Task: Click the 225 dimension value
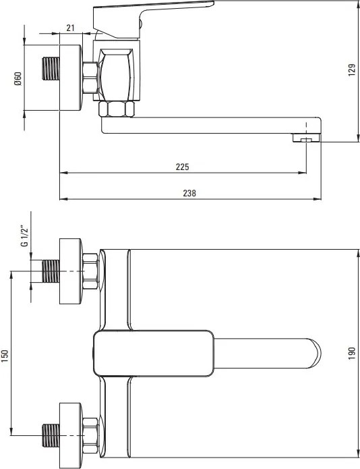pyautogui.click(x=182, y=167)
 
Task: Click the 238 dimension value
pyautogui.click(x=189, y=193)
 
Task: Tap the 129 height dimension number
pyautogui.click(x=352, y=70)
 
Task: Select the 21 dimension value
pyautogui.click(x=70, y=28)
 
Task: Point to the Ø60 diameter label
pyautogui.click(x=18, y=79)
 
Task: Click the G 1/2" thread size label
pyautogui.click(x=25, y=237)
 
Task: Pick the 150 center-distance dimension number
pyautogui.click(x=5, y=356)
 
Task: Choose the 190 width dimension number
pyautogui.click(x=352, y=353)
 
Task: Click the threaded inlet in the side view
pyautogui.click(x=51, y=69)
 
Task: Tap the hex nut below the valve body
pyautogui.click(x=116, y=109)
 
